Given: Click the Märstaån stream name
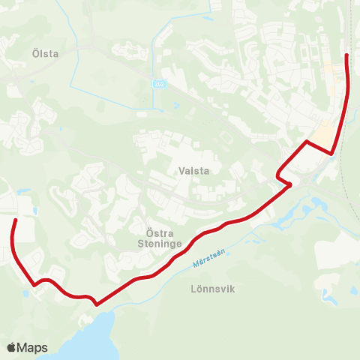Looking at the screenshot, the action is tap(208, 259).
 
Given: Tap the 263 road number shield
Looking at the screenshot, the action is tap(158, 83).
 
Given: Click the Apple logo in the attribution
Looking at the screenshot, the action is tap(12, 347).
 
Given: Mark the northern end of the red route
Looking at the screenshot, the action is tap(346, 55).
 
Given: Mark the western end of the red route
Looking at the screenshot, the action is tap(15, 219).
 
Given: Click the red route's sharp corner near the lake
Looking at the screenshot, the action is tap(96, 304).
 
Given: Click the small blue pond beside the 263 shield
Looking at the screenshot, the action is tap(175, 106).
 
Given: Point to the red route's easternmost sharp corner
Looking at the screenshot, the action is tap(332, 154).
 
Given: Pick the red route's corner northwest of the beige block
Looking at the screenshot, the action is tap(306, 141).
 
